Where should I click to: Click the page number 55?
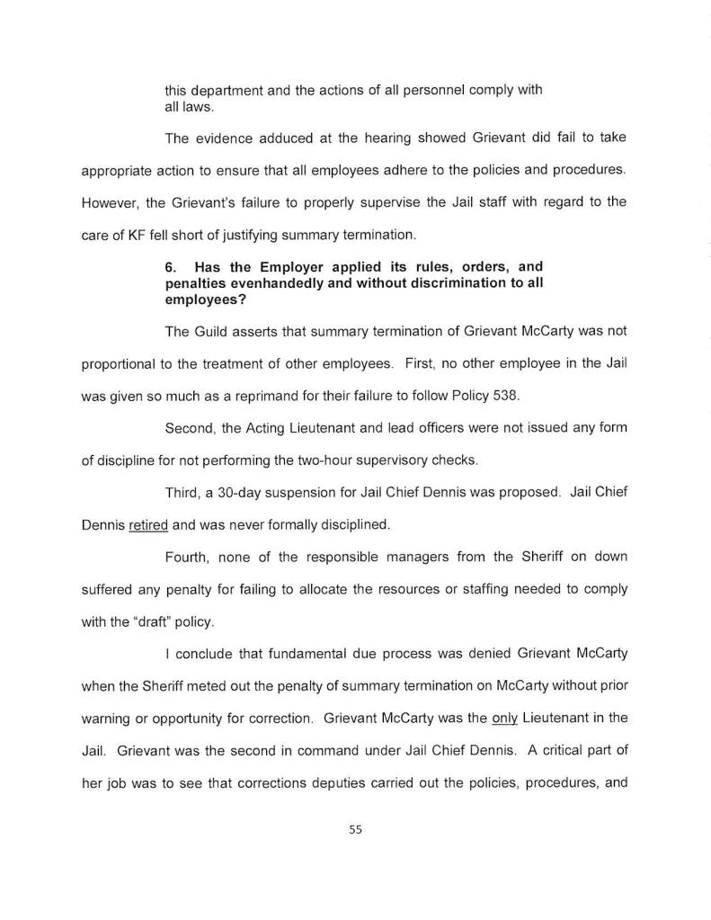click(x=355, y=830)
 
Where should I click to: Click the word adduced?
click(x=272, y=138)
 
